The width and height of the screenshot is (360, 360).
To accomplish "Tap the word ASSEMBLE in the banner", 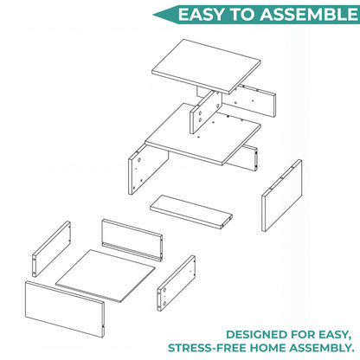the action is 309,15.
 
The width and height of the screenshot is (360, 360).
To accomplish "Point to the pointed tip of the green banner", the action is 153,15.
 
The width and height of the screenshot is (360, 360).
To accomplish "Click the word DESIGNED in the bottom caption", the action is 256,335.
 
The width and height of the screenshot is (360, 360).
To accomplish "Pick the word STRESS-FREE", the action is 207,348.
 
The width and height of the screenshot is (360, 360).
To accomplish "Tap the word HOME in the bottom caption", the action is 267,348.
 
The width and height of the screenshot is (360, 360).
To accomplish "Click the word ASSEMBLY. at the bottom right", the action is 322,348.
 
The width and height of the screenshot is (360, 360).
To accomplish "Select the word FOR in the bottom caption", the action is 303,335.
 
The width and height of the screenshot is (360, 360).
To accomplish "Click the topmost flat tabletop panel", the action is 206,67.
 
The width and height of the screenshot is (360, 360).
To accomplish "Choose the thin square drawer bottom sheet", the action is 106,275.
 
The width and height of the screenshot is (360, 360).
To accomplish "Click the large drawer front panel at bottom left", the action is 65,309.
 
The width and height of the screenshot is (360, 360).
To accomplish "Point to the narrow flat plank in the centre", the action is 191,211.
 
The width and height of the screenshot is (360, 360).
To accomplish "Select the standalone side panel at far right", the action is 282,196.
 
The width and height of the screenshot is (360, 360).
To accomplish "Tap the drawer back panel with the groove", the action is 132,240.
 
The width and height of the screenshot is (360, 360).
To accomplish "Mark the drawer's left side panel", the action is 51,249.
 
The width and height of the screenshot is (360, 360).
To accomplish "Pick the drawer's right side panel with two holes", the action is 176,283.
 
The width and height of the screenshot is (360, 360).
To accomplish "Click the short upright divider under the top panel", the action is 206,112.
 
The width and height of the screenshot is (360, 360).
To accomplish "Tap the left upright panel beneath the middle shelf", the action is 147,169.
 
